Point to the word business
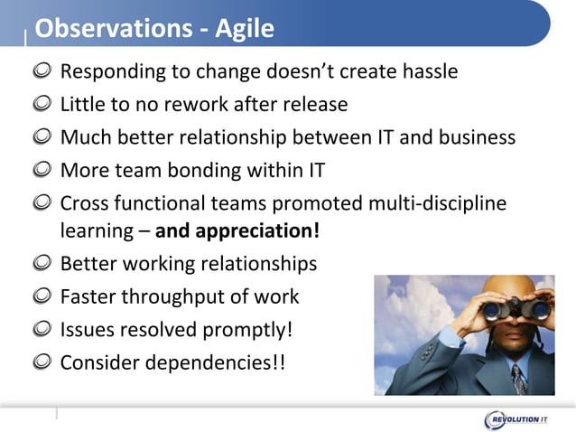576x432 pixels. (x=471, y=137)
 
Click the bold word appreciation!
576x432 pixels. (x=237, y=231)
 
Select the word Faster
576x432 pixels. (x=88, y=296)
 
